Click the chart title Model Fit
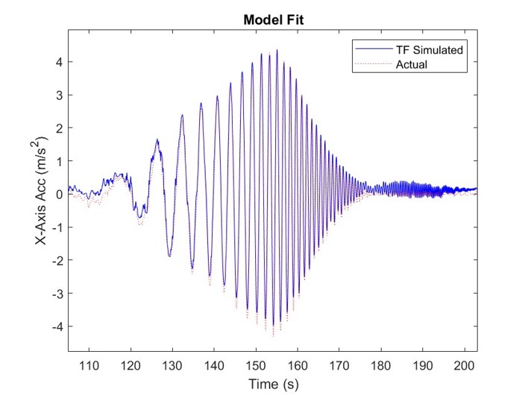click(x=274, y=20)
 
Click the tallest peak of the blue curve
click(x=277, y=51)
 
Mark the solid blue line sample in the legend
click(x=371, y=50)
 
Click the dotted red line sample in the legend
click(x=371, y=65)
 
